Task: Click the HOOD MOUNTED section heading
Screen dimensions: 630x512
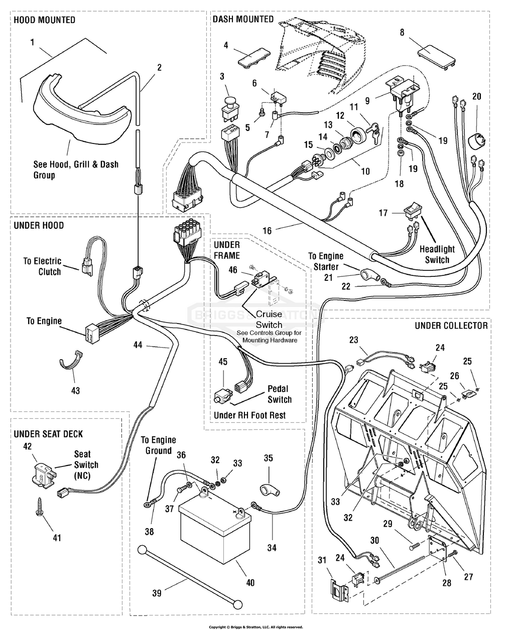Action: [x=44, y=20]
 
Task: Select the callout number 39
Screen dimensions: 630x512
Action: [x=157, y=593]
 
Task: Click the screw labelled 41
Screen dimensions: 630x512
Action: [x=39, y=512]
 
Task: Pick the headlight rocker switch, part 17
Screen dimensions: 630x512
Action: [x=409, y=211]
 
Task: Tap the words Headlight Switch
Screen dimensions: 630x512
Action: [x=437, y=254]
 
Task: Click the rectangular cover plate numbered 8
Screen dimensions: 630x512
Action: [x=437, y=55]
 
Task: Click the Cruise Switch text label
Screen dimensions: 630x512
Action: [x=269, y=320]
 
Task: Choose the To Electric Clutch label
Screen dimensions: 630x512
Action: [x=42, y=266]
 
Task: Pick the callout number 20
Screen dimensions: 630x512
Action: [x=476, y=96]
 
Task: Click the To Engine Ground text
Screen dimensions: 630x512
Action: [x=156, y=445]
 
